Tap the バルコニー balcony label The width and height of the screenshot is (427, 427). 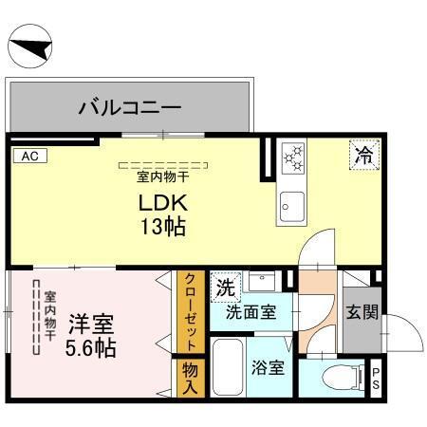130,106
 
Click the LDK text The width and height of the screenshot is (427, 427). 165,202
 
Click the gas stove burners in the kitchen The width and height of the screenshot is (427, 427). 291,157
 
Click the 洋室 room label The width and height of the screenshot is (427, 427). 90,322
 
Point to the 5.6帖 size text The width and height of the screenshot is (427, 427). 90,347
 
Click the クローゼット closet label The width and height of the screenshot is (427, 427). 190,312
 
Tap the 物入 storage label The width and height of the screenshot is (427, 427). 190,378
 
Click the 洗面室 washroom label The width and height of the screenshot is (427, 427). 251,311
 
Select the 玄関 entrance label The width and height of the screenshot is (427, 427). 360,310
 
